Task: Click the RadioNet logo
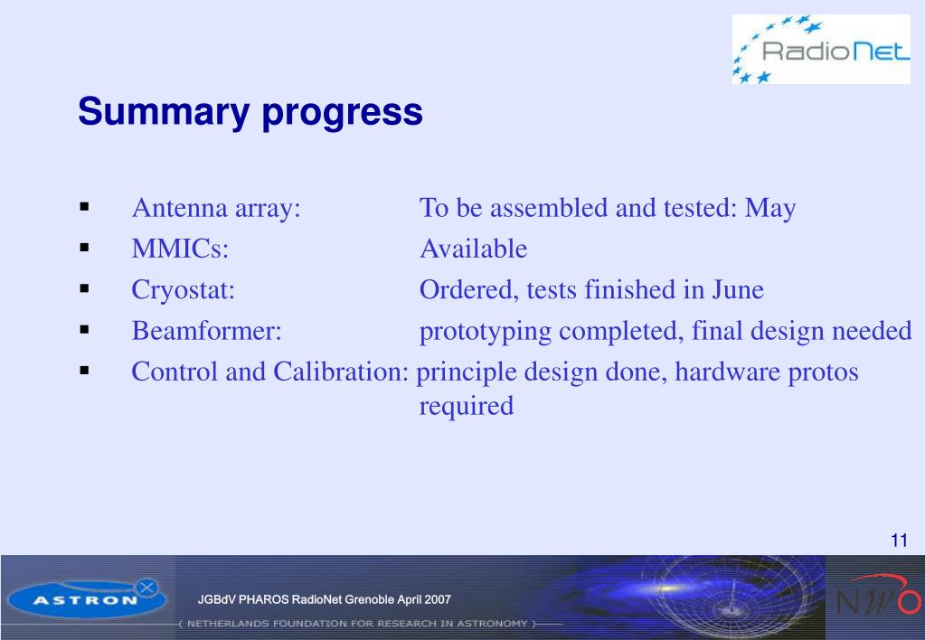(821, 49)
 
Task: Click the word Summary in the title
(164, 111)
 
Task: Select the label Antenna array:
(216, 208)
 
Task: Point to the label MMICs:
(180, 249)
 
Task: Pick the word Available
(473, 249)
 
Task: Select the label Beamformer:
(207, 331)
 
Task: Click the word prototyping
(486, 333)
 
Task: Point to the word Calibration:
(341, 372)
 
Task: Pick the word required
(466, 407)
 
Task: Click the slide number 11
(899, 541)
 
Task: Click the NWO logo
(878, 596)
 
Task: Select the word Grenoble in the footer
(369, 600)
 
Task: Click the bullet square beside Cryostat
(84, 288)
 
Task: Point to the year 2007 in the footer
(439, 600)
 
